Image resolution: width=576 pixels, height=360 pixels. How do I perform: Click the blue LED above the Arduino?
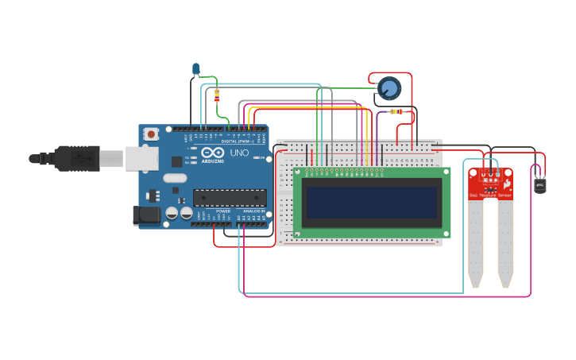(195, 69)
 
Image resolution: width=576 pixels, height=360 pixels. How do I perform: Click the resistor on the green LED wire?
(218, 96)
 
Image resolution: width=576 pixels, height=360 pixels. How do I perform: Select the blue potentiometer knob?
(389, 87)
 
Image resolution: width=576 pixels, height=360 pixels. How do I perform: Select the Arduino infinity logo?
(212, 153)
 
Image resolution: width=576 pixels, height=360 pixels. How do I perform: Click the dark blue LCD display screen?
(372, 203)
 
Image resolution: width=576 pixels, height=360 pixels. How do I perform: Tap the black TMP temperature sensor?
(540, 184)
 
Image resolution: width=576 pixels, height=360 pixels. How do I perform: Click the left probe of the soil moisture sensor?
(475, 242)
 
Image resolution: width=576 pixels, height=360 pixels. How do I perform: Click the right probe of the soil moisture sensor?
(505, 242)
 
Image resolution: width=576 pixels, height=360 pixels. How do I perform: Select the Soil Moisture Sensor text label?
(490, 195)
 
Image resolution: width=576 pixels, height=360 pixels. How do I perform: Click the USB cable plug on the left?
(72, 159)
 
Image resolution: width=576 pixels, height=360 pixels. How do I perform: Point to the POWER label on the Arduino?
(223, 211)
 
